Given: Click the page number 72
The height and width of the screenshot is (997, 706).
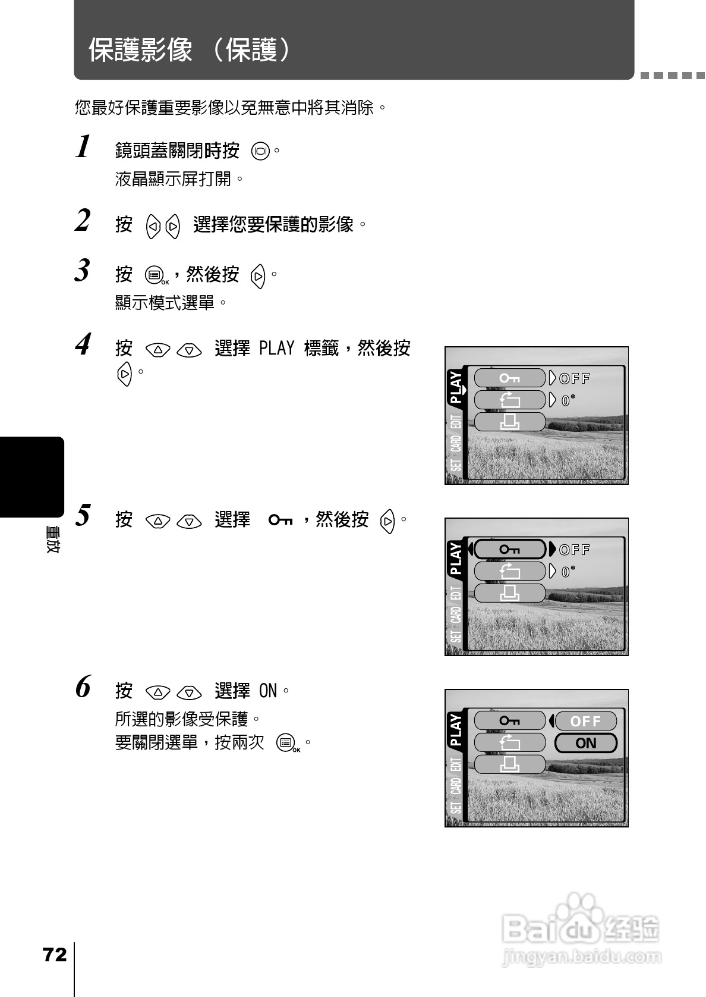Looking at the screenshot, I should click(55, 955).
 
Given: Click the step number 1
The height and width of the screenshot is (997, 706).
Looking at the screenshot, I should click(84, 146).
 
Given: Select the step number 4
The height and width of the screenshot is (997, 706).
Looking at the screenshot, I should click(84, 344).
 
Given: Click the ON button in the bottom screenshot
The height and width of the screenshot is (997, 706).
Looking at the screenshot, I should click(586, 743).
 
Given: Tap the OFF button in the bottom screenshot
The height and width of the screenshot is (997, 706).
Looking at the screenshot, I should click(586, 722).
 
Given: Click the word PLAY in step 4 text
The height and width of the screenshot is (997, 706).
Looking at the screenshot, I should click(276, 348).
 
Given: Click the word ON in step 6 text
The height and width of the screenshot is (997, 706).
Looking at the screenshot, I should click(268, 691).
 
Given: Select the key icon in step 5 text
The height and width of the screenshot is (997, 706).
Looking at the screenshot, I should click(280, 520).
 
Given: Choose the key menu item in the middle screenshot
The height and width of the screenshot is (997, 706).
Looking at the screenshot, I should click(510, 550).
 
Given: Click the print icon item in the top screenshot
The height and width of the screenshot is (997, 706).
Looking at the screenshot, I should click(510, 422).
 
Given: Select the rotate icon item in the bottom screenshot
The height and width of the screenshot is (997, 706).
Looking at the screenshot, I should click(510, 743).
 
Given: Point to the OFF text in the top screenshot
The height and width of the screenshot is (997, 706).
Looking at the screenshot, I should click(575, 378).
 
